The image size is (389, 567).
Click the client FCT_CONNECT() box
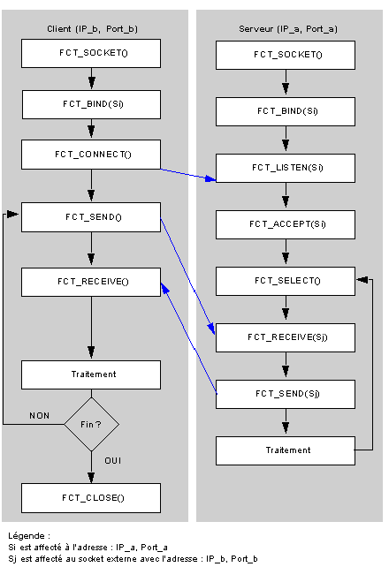coord(91,155)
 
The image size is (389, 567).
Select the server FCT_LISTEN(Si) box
coord(286,168)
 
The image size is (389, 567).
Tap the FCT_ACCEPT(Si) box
coord(286,224)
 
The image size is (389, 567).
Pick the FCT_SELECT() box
coord(286,281)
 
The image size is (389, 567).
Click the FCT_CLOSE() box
coord(91,498)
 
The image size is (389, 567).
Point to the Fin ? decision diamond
coord(92,424)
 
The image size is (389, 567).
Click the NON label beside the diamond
coord(40,416)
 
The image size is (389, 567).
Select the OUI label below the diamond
coord(113,461)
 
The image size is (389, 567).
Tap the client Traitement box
coord(91,374)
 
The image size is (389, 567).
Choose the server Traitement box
coord(286,450)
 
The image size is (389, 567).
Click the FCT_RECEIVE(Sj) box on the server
coord(286,337)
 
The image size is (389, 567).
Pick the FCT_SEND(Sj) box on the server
coord(286,394)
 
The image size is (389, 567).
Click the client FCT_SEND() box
coord(91,217)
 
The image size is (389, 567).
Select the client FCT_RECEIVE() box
coord(91,282)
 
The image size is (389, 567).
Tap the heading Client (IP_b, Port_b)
coord(92,29)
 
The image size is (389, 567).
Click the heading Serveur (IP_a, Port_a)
coord(288,29)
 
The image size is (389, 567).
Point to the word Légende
coord(27,535)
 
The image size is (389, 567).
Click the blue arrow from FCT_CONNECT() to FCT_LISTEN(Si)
coord(188,174)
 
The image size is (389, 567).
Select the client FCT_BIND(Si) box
coord(91,104)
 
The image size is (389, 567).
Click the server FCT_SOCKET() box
coord(286,55)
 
